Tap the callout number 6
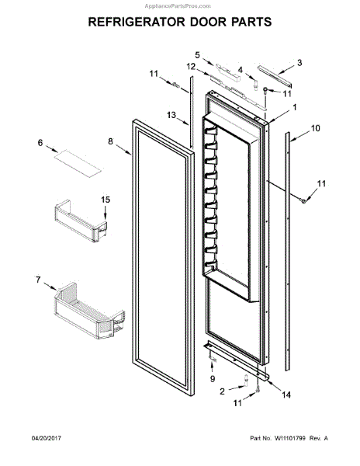click(40, 143)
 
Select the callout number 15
click(106, 200)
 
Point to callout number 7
click(38, 280)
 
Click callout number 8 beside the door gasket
click(110, 141)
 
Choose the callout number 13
click(171, 115)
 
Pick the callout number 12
click(191, 67)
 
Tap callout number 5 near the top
click(197, 55)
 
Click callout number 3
click(299, 62)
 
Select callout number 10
click(316, 128)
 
